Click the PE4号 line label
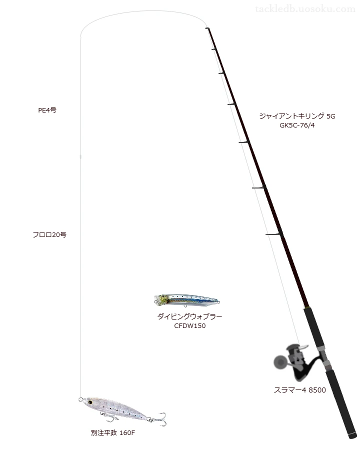tap(47, 110)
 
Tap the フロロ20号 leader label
tap(49, 234)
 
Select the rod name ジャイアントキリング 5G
tap(297, 116)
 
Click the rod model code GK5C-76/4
tap(297, 125)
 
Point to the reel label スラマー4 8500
tap(299, 390)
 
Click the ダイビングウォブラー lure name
tap(189, 316)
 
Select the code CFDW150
tap(189, 326)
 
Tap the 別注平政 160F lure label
tap(112, 433)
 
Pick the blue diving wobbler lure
tap(186, 300)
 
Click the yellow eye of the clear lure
tap(90, 402)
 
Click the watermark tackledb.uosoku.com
tap(305, 9)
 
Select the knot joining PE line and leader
tap(80, 156)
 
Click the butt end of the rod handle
tap(352, 436)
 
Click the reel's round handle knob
tap(279, 361)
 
